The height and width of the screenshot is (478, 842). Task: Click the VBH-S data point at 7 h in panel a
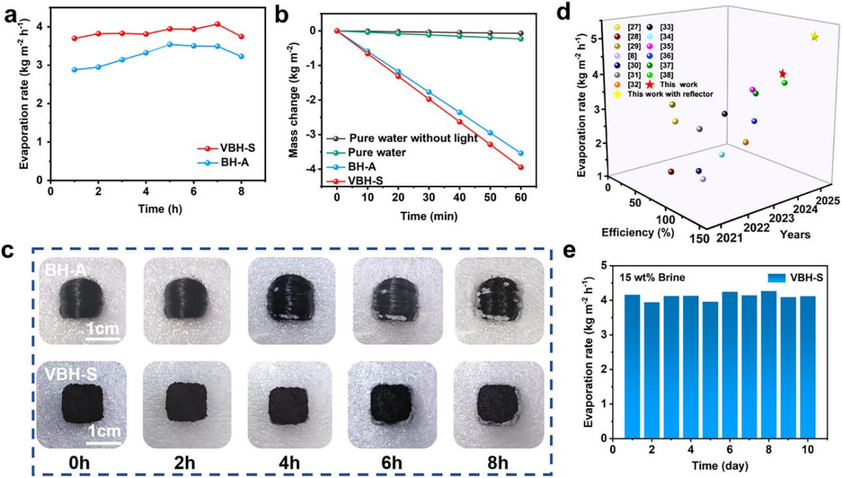click(218, 24)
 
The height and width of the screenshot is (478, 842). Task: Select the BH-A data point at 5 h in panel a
click(170, 44)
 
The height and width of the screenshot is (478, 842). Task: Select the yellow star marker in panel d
click(815, 37)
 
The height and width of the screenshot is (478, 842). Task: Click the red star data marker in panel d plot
click(783, 74)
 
